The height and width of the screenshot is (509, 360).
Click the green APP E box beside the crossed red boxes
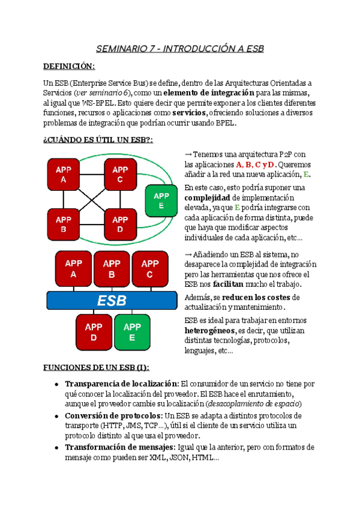coord(161,200)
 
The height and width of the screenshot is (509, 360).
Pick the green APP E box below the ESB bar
coord(132,331)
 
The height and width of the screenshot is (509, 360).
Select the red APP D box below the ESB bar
coord(93,331)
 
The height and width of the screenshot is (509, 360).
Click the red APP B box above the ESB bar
coord(112,269)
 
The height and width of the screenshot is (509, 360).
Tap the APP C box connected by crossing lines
coord(120,175)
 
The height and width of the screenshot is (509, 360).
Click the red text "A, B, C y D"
coord(255,164)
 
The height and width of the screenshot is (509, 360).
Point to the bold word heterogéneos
coord(209,331)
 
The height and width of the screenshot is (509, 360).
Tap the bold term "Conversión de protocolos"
coord(113,415)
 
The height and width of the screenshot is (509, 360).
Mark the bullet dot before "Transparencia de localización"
coord(56,384)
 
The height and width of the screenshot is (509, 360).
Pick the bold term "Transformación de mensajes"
coord(118,447)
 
